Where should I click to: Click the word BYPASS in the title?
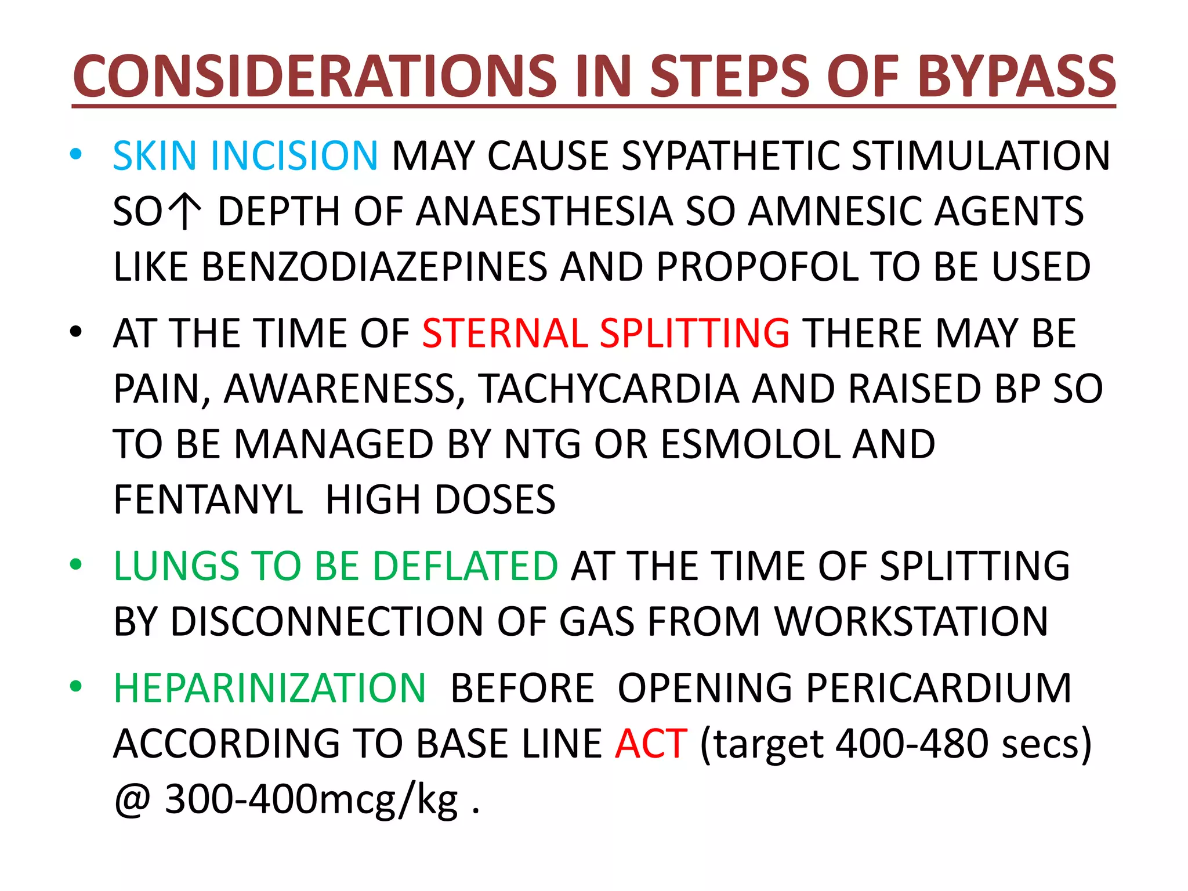pyautogui.click(x=1016, y=77)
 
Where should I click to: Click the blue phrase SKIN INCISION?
pyautogui.click(x=245, y=156)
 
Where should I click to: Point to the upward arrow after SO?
pyautogui.click(x=184, y=212)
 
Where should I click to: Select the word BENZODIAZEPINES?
pyautogui.click(x=374, y=267)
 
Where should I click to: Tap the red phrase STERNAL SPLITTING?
pyautogui.click(x=606, y=334)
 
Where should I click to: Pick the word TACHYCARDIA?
pyautogui.click(x=609, y=389)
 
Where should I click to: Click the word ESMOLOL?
pyautogui.click(x=750, y=444)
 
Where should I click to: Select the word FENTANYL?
pyautogui.click(x=208, y=499)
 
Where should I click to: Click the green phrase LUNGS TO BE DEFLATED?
pyautogui.click(x=335, y=566)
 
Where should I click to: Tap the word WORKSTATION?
pyautogui.click(x=911, y=621)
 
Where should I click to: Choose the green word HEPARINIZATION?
pyautogui.click(x=270, y=689)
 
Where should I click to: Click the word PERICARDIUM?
pyautogui.click(x=844, y=689)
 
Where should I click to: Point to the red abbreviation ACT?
pyautogui.click(x=651, y=744)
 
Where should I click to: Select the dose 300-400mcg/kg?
pyautogui.click(x=312, y=800)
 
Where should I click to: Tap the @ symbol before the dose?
pyautogui.click(x=132, y=800)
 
